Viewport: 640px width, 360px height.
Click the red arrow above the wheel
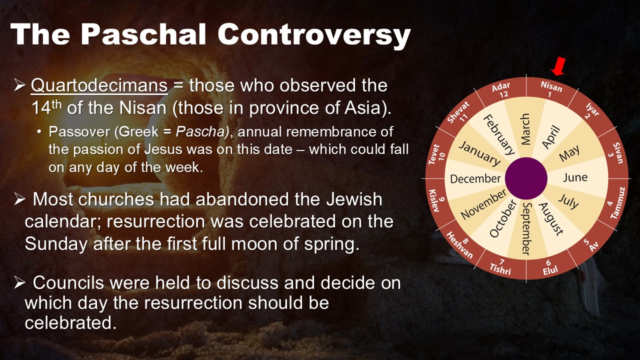(x=558, y=66)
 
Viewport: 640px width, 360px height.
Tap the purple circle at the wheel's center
(x=526, y=178)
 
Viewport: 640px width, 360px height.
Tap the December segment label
(x=475, y=179)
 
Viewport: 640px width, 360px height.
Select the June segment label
(x=575, y=177)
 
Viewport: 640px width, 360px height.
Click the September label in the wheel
(x=526, y=228)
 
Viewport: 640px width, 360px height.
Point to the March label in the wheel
(x=525, y=129)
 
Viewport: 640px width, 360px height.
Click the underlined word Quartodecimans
(x=99, y=85)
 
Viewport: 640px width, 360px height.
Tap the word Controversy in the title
(x=314, y=35)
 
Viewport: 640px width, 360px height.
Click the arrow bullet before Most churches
(x=19, y=199)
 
